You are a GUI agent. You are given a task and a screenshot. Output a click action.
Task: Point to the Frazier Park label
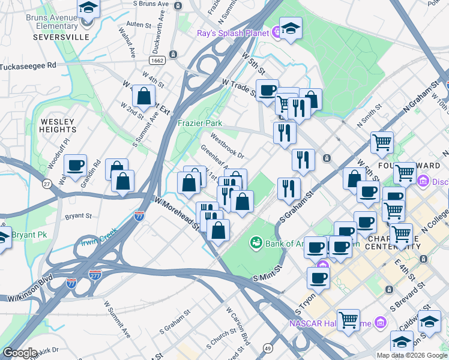point(200,123)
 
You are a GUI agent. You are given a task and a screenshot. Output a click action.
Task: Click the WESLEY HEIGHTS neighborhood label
point(58,125)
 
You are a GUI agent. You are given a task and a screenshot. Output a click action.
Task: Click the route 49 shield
point(267,347)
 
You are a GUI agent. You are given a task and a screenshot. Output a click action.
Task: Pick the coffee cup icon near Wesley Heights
point(75,165)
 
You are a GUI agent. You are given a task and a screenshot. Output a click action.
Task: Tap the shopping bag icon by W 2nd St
point(144,95)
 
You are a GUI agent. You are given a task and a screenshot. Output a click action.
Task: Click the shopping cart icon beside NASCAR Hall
point(348,320)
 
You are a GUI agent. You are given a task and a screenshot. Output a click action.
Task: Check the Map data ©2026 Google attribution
point(411,355)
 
